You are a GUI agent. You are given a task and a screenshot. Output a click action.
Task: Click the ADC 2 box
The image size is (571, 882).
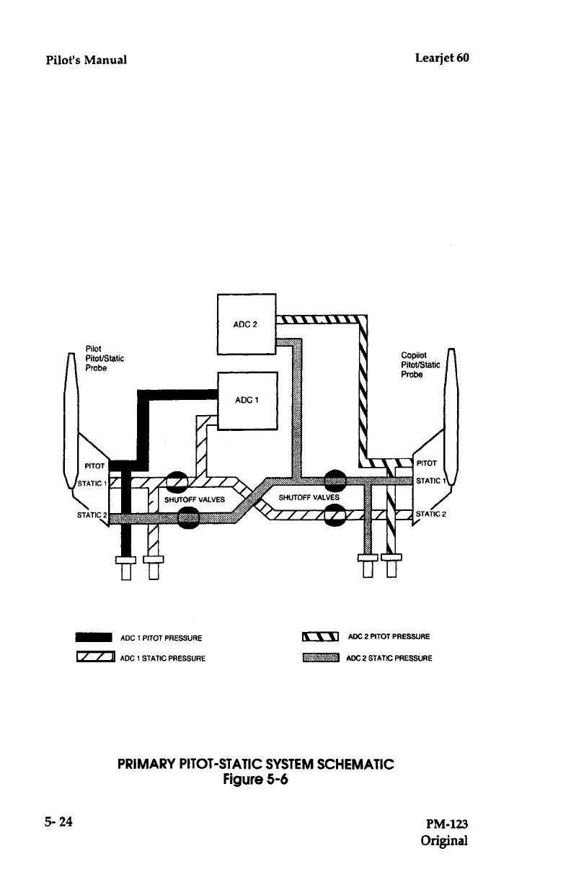(247, 324)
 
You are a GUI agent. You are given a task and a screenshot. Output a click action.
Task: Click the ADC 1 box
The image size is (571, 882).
(247, 400)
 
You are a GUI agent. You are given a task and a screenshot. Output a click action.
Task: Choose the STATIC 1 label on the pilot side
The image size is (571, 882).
(90, 483)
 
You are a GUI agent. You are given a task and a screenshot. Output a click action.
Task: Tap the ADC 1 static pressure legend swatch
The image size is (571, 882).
(94, 656)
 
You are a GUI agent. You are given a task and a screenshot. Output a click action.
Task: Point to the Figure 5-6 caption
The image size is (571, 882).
(256, 780)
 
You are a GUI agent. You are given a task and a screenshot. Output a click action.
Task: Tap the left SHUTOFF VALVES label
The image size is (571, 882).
(195, 499)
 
